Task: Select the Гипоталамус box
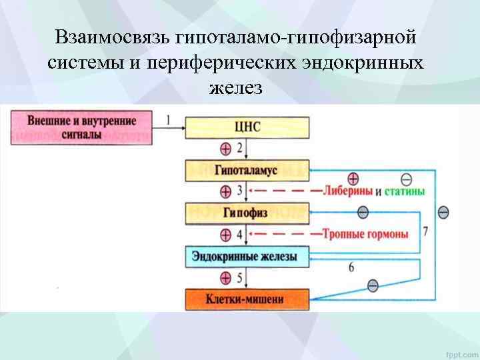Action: (x=247, y=170)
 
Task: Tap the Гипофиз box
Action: (x=247, y=213)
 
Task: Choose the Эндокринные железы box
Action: (x=247, y=256)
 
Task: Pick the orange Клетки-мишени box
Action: (x=247, y=299)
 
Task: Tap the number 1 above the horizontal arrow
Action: (x=168, y=120)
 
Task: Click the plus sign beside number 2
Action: (x=225, y=148)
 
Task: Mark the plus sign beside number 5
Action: (x=225, y=277)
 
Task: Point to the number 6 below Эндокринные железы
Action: (x=351, y=267)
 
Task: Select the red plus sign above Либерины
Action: (x=353, y=179)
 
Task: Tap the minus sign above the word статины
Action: (x=407, y=179)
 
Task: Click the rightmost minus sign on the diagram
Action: (x=443, y=212)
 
